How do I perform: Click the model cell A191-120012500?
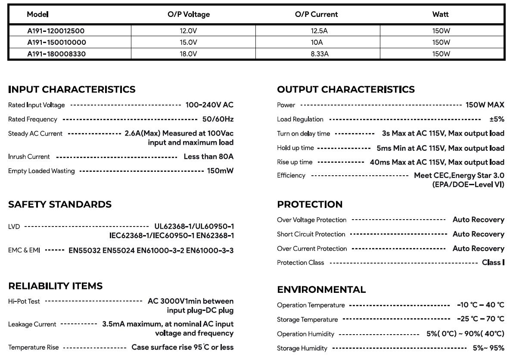pos(56,31)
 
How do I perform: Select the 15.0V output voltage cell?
pos(188,42)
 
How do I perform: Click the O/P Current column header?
pos(316,14)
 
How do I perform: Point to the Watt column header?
pos(440,14)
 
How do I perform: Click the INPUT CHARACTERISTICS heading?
pos(72,90)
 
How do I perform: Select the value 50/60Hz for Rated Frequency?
pos(218,119)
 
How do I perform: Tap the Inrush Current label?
pos(29,157)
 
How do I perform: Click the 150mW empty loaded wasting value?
pos(220,171)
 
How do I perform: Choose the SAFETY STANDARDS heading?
pos(60,205)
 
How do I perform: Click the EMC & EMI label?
pos(24,250)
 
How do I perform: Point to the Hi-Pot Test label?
pos(24,301)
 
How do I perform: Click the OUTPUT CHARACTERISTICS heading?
pos(346,90)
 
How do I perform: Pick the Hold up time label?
pos(295,148)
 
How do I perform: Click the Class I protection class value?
pos(493,263)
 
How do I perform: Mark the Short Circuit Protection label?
pos(311,234)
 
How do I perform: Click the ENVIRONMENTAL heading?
pos(321,290)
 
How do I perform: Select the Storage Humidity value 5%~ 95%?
pos(488,348)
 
